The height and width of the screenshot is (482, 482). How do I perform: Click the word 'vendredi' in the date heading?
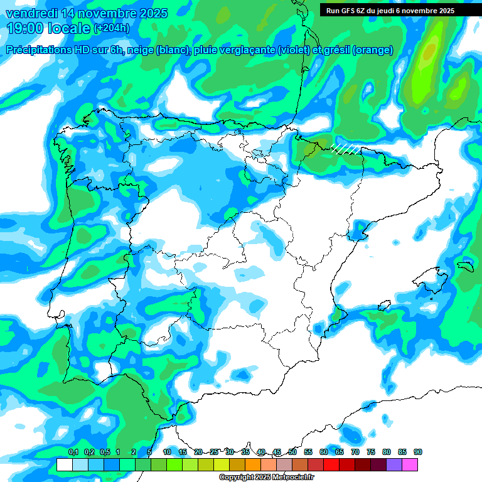(31, 13)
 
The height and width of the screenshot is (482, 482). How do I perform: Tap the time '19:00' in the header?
(24, 28)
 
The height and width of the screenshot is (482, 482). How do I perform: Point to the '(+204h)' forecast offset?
(111, 28)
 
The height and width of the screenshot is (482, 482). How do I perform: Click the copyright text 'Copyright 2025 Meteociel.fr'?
(266, 477)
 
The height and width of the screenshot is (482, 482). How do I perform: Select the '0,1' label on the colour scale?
(73, 453)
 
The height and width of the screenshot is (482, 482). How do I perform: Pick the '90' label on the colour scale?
(418, 453)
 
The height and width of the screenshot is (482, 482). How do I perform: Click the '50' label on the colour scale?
(292, 453)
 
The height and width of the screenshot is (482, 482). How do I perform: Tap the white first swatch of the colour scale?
(64, 464)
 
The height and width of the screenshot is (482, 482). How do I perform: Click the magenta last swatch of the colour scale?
(410, 464)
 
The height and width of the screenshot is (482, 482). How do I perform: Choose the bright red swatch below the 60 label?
(331, 464)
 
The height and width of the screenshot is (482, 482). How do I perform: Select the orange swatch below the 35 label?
(253, 464)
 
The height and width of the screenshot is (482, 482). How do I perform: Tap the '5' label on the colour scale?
(149, 453)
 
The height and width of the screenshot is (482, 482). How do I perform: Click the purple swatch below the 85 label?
(394, 464)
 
